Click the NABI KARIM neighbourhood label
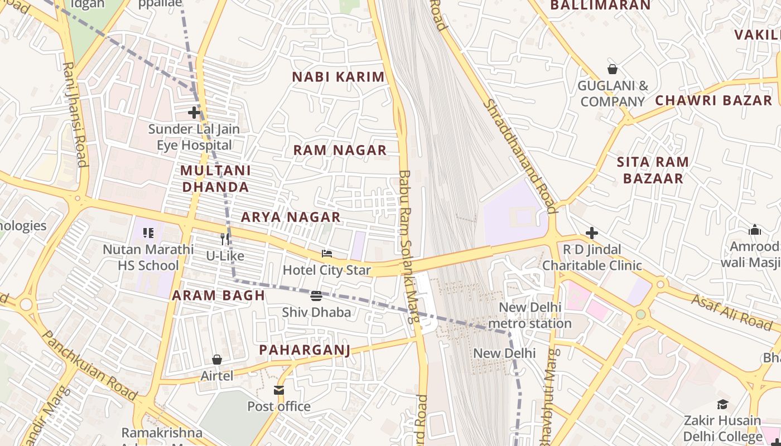pyautogui.click(x=339, y=77)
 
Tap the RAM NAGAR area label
pyautogui.click(x=340, y=150)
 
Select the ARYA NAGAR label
pyautogui.click(x=291, y=217)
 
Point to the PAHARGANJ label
pyautogui.click(x=305, y=350)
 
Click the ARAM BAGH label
pyautogui.click(x=218, y=295)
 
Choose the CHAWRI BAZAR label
pyautogui.click(x=713, y=100)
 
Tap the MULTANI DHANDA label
pyautogui.click(x=215, y=178)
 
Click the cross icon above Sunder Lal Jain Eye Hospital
pyautogui.click(x=194, y=113)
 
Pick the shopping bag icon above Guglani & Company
pyautogui.click(x=612, y=70)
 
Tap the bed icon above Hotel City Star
pyautogui.click(x=327, y=254)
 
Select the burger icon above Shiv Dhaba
pyautogui.click(x=316, y=296)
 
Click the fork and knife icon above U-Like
pyautogui.click(x=225, y=239)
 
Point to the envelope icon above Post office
pyautogui.click(x=279, y=390)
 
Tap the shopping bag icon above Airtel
pyautogui.click(x=217, y=360)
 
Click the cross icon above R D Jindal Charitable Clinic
pyautogui.click(x=592, y=232)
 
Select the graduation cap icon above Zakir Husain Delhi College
pyautogui.click(x=722, y=404)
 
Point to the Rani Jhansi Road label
pyautogui.click(x=75, y=114)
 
